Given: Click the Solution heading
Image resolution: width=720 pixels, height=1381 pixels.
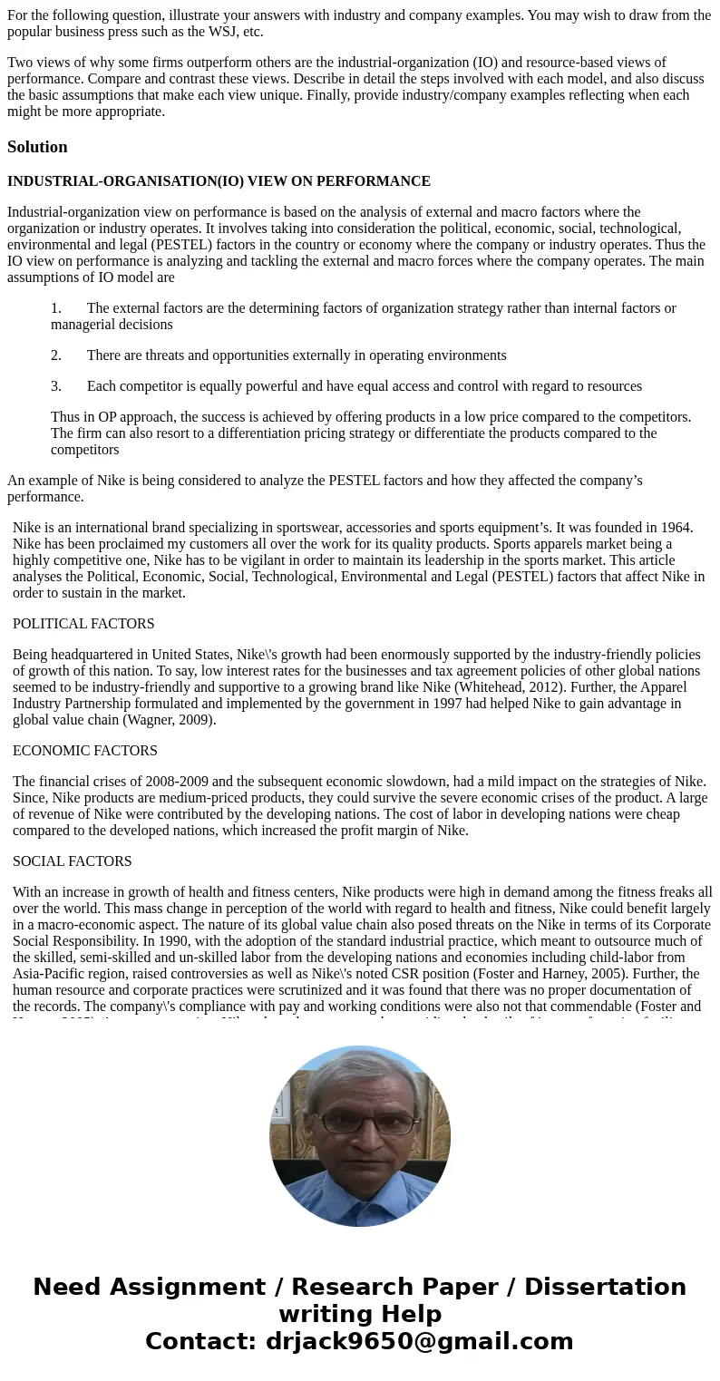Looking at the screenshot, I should [x=37, y=147].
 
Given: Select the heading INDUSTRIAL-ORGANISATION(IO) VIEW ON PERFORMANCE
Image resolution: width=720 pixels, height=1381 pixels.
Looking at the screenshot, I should [x=219, y=181].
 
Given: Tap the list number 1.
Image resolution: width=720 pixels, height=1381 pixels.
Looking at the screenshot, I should [x=55, y=308].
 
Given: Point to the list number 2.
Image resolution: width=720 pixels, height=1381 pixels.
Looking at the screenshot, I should [x=55, y=355].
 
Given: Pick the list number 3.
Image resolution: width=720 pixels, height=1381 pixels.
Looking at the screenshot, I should [x=55, y=386].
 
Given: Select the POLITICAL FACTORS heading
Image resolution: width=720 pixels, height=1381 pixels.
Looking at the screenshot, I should [x=83, y=624].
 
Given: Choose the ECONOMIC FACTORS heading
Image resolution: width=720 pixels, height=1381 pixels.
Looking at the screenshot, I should [x=85, y=751].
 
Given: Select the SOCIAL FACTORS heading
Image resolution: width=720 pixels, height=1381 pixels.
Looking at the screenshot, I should [x=73, y=861].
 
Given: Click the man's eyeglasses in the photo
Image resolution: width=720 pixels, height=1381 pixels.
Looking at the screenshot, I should [x=367, y=1123].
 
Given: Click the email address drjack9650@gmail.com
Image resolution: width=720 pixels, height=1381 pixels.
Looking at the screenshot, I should [x=419, y=1342].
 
